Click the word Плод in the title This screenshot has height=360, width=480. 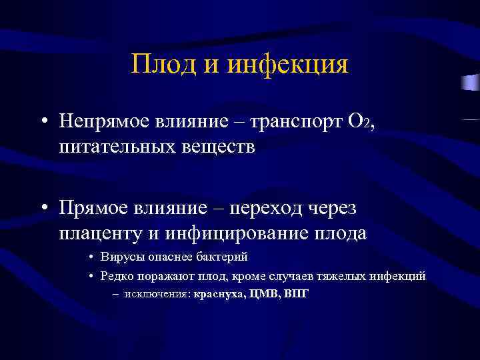164,65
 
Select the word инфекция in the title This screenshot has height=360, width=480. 288,65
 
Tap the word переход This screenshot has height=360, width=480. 270,209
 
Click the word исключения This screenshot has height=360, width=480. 157,293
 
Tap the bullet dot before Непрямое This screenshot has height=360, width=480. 43,122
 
